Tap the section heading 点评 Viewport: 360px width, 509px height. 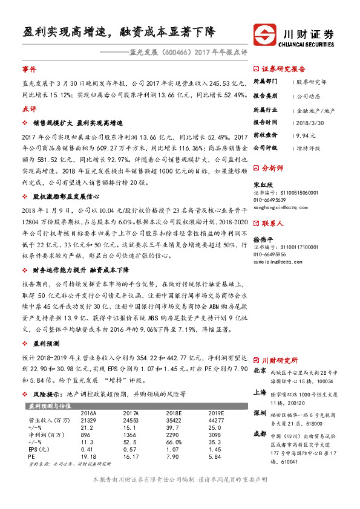(x=28, y=109)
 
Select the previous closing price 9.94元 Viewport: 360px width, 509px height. (x=306, y=135)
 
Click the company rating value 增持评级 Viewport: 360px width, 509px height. (x=309, y=148)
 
